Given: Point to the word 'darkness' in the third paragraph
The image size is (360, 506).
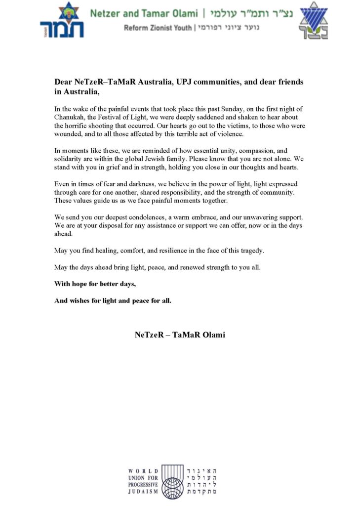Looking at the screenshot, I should (x=133, y=184).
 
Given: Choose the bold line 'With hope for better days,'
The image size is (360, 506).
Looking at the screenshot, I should (x=95, y=284).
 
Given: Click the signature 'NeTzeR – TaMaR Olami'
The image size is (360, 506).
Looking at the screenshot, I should (x=180, y=335).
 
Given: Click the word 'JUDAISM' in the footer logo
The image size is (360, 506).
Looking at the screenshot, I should (x=143, y=492).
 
